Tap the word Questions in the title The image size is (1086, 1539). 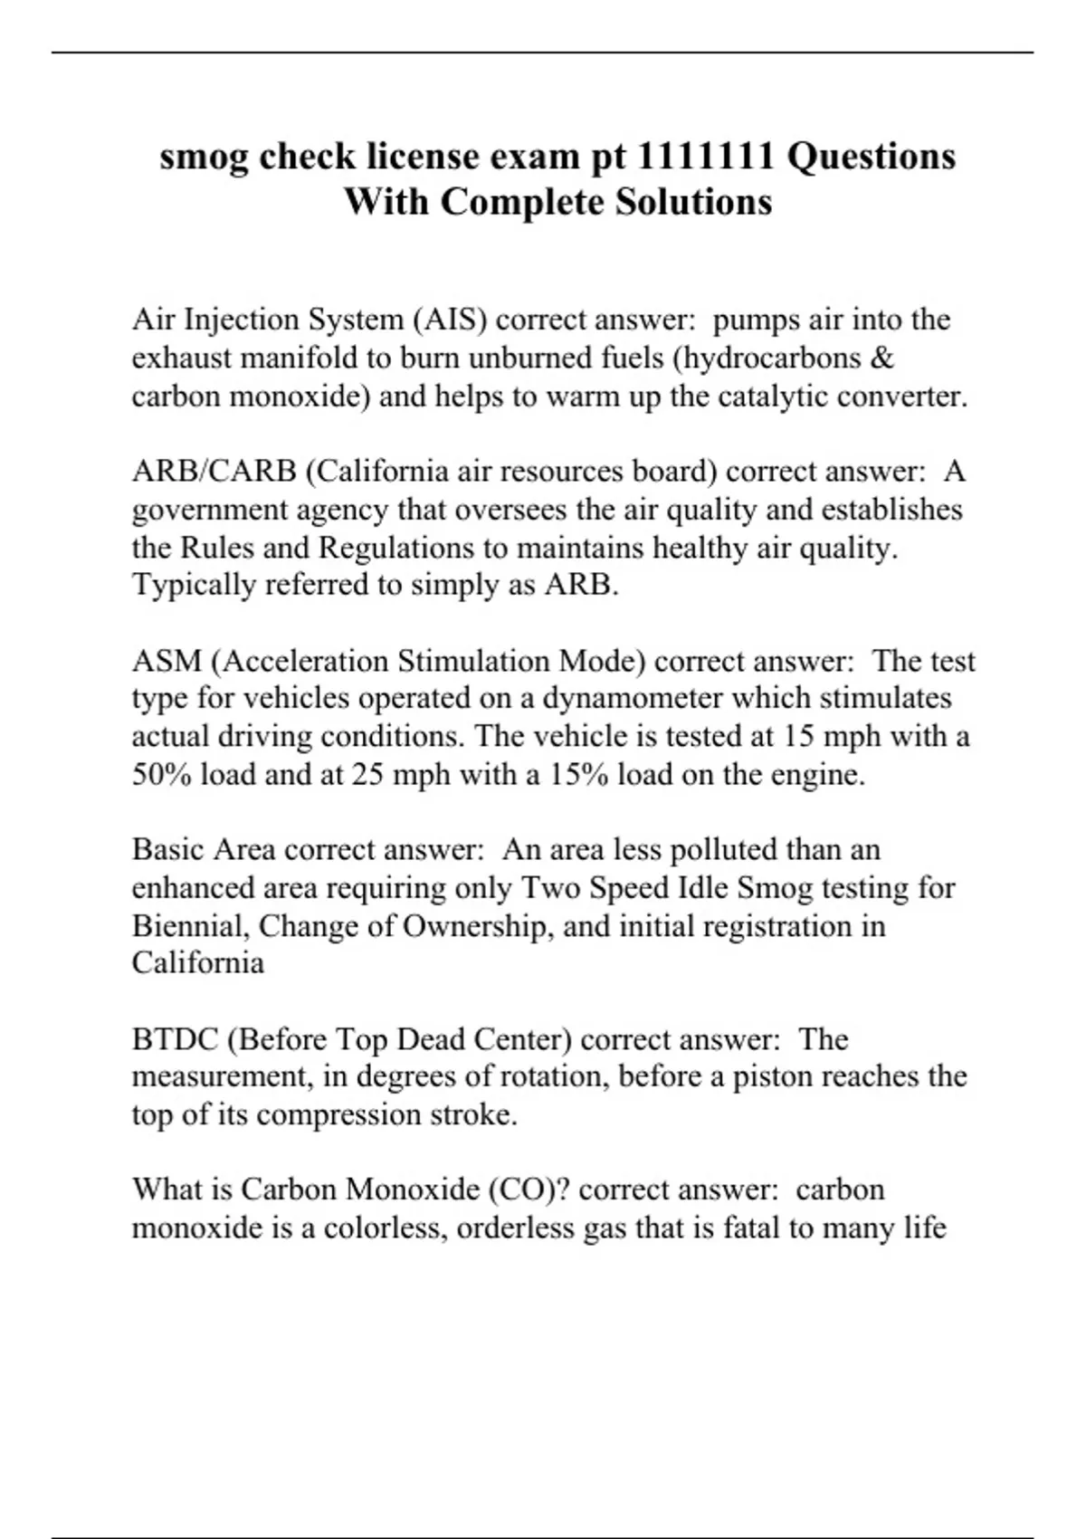point(871,157)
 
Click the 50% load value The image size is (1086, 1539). point(162,775)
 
